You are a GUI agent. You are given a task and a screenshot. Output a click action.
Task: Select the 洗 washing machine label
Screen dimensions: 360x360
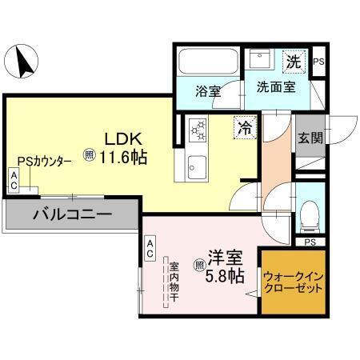(x=294, y=60)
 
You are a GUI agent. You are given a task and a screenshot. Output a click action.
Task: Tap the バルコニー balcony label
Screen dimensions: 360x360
(x=72, y=214)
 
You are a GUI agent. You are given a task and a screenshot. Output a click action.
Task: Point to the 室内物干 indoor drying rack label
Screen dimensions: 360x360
(x=172, y=281)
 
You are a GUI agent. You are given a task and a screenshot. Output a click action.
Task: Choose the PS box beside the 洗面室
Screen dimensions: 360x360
(x=318, y=62)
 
